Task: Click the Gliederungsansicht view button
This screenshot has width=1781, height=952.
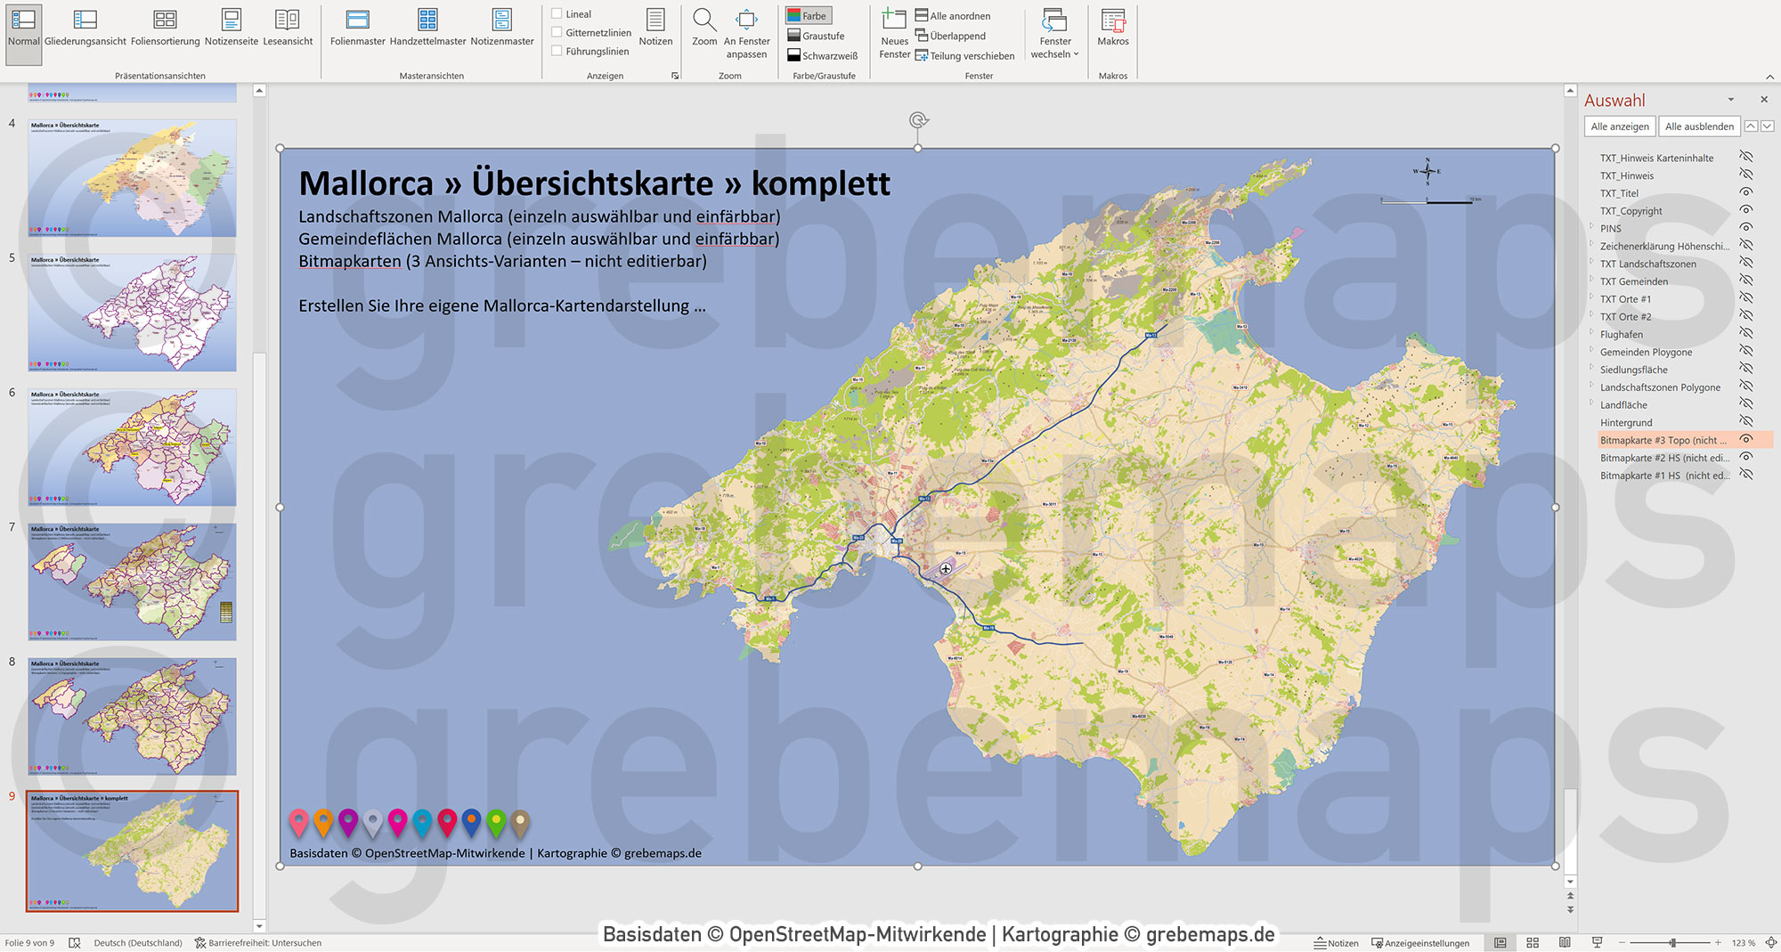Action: pos(85,28)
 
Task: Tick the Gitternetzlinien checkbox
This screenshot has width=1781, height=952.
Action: pos(557,33)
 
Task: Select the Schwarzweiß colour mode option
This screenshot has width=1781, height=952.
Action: pos(822,55)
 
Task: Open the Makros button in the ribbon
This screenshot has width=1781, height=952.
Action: pos(1112,28)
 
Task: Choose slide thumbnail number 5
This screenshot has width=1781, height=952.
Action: pos(132,313)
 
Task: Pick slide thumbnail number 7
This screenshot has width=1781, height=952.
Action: pos(132,582)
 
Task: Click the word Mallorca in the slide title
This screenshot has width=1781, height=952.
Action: pos(366,184)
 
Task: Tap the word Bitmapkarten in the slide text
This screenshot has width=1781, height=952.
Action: pos(349,262)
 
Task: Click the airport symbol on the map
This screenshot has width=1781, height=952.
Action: pos(946,568)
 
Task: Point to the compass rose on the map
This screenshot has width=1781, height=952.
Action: pos(1427,171)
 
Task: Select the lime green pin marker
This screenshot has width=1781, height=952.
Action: pos(496,821)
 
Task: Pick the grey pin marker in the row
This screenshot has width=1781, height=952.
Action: pos(373,821)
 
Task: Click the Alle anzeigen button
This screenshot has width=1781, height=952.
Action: pos(1619,126)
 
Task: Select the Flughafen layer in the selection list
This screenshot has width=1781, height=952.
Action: pos(1621,335)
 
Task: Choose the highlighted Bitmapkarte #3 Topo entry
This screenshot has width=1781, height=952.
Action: pos(1662,440)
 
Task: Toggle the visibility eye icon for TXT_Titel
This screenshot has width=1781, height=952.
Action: pos(1746,192)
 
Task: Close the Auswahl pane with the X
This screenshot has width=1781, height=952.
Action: pos(1764,100)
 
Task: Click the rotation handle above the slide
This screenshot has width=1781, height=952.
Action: pos(918,120)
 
